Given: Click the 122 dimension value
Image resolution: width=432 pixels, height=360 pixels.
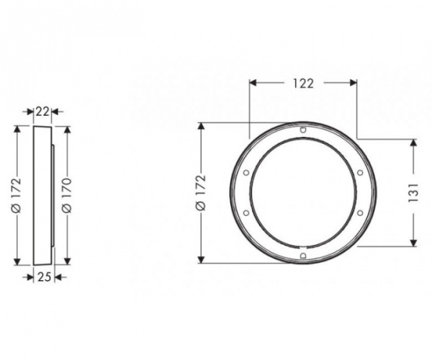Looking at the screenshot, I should tap(303, 84).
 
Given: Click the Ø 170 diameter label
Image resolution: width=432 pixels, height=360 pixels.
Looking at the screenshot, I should tap(66, 194).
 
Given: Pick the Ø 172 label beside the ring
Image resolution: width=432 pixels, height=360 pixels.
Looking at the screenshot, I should tap(201, 193).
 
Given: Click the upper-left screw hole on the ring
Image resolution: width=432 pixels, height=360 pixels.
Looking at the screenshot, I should tap(247, 173).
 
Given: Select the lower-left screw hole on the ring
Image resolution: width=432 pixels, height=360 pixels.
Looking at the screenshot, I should tap(247, 213).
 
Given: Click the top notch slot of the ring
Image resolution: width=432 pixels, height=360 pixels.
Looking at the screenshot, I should tap(303, 130).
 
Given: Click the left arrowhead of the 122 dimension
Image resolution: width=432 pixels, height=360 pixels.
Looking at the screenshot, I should tap(253, 84).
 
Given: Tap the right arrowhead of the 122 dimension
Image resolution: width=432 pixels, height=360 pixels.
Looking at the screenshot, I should tap(354, 84).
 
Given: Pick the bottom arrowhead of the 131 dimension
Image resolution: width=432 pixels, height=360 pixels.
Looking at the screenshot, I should tap(414, 242).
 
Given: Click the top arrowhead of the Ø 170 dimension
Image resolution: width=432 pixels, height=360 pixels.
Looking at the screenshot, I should tap(66, 132).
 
